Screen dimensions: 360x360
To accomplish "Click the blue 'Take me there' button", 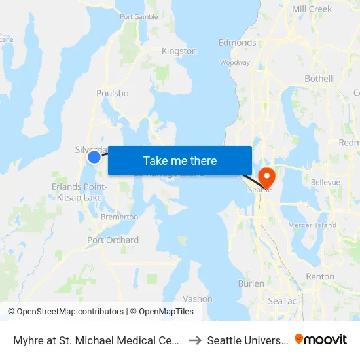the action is point(179,160).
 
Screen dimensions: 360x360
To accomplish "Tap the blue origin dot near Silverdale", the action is point(94,156).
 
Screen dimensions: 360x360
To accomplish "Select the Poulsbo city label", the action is point(112,93).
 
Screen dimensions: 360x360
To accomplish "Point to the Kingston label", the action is point(179,51).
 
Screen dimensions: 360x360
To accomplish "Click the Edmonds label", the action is point(237,43).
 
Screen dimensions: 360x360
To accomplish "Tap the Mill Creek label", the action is point(312,9).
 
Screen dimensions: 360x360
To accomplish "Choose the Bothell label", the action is point(319,79).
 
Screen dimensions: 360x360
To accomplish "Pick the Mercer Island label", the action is point(312,225).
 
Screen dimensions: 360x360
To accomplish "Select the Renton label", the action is point(320,277).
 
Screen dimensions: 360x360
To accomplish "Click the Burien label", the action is point(251,283).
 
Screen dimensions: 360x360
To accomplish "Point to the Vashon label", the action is point(197,298).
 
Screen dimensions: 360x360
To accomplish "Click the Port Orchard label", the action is point(113,240).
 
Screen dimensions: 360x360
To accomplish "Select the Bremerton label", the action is point(118,217).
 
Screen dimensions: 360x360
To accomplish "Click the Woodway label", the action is point(235,63).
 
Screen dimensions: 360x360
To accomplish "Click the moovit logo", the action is point(321,339).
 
